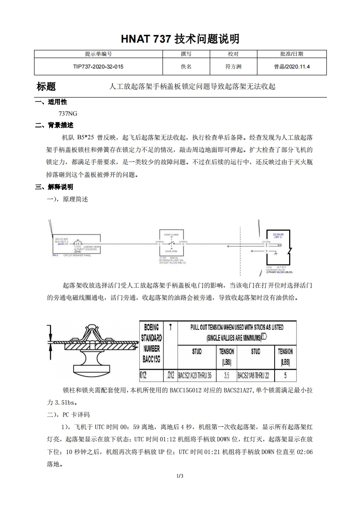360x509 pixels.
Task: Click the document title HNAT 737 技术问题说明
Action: pos(180,39)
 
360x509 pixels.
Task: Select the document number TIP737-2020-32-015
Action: pos(98,67)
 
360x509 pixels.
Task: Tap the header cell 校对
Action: pos(233,54)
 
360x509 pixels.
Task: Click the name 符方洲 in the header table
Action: pos(233,67)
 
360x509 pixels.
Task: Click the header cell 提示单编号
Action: pos(98,54)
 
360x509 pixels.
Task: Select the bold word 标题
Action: pos(46,86)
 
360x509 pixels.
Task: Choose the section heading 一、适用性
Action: pos(51,102)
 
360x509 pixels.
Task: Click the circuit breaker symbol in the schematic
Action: pos(78,243)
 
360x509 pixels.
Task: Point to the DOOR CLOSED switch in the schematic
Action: pos(171,242)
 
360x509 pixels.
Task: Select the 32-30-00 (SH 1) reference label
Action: pos(277,235)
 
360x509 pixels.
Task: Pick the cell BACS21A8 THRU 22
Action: pos(256,375)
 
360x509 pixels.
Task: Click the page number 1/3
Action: pos(180,476)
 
